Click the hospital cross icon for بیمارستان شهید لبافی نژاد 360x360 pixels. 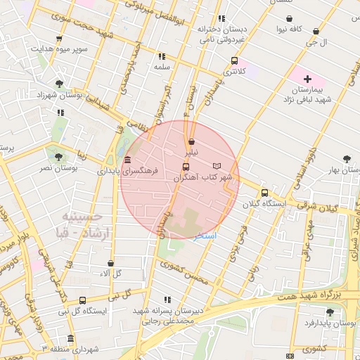[307, 77]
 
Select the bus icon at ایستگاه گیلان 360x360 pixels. [264, 193]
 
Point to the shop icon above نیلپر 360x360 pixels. [191, 141]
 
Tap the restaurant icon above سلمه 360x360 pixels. [162, 56]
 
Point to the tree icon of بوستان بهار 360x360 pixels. [346, 159]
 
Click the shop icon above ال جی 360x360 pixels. [316, 32]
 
